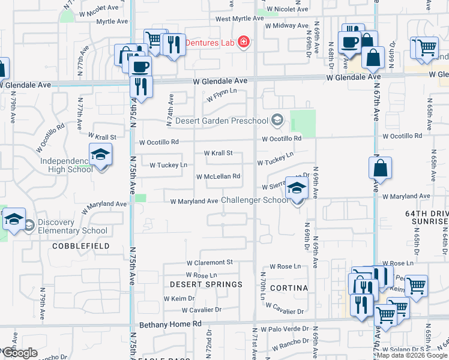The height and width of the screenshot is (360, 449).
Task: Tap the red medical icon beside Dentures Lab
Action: point(244,42)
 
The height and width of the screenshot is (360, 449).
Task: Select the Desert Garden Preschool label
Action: point(221,121)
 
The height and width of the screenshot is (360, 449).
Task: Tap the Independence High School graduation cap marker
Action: point(100,155)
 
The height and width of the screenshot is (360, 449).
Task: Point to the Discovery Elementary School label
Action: point(73,226)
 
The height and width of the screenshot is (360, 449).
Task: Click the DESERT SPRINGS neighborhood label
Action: point(206,284)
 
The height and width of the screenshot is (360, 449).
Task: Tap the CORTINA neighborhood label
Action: point(288,288)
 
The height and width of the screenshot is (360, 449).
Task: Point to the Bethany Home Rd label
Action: point(171,324)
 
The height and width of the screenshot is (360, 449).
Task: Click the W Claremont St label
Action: point(209,263)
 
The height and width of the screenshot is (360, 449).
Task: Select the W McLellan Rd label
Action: point(218,176)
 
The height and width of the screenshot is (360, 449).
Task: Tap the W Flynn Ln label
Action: point(221,94)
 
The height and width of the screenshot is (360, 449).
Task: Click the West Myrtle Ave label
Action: point(240,19)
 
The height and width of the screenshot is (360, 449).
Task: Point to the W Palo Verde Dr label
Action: point(289,329)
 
